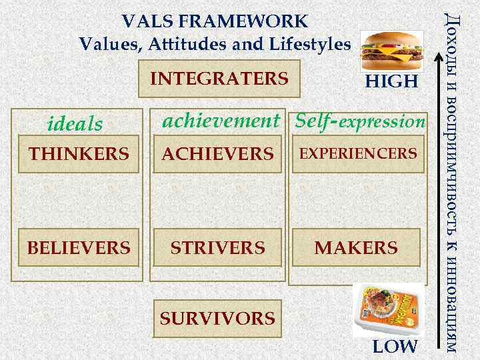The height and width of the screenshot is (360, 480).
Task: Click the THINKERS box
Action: [x=79, y=155]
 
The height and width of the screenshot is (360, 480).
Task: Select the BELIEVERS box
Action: [x=79, y=248]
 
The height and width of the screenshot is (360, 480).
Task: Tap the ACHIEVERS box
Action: [x=218, y=155]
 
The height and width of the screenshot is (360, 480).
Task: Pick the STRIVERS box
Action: [x=218, y=248]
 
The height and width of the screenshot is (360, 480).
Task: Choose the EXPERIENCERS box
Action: [x=357, y=155]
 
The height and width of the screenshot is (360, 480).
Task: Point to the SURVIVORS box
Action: [x=217, y=319]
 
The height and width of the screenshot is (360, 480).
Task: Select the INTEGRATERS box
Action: [x=219, y=79]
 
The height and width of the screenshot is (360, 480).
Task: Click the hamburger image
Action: [x=387, y=50]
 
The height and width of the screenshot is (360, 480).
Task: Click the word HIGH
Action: [x=391, y=82]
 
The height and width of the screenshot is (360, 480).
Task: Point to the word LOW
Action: [x=395, y=347]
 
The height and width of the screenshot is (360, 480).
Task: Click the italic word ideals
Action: [x=75, y=124]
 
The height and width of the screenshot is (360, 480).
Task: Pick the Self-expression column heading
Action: [x=359, y=121]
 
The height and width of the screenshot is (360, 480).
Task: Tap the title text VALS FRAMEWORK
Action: [x=215, y=21]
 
